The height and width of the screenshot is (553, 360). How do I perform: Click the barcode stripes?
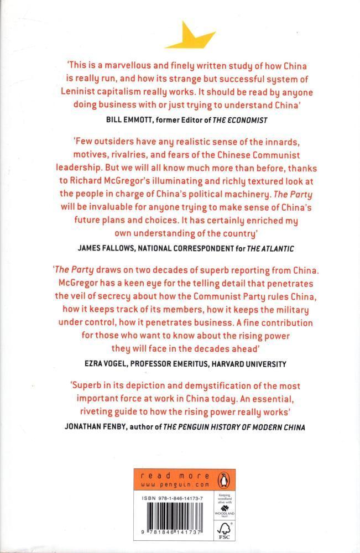pyautogui.click(x=174, y=525)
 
